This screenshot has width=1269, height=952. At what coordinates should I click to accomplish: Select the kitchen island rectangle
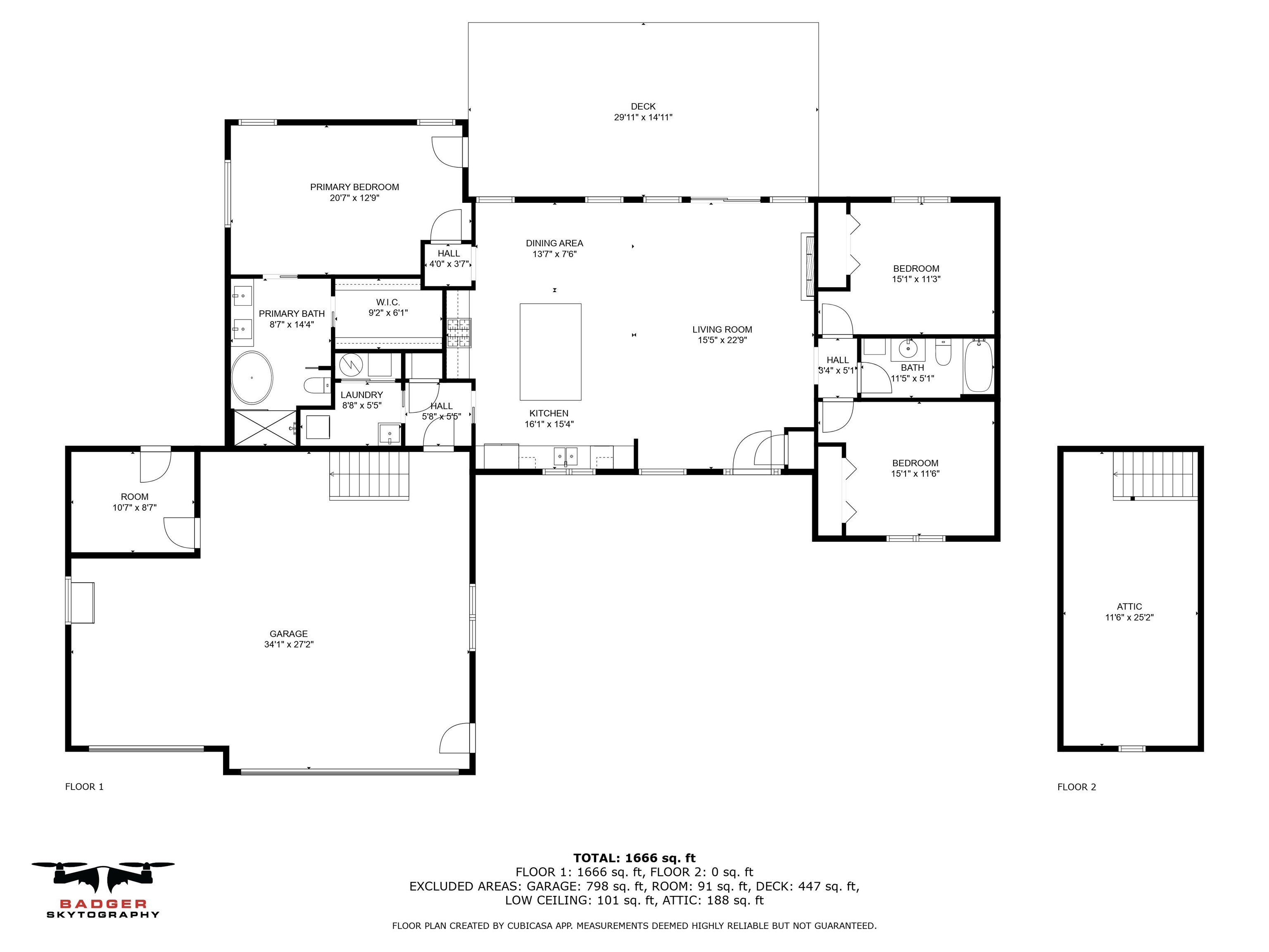tap(550, 352)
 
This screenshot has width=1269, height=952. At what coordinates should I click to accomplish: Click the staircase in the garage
tap(369, 475)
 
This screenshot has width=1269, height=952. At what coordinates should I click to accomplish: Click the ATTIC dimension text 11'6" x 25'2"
tap(1129, 617)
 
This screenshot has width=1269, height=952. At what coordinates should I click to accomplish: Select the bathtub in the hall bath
tap(978, 366)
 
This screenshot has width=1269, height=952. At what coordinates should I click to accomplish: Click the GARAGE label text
tap(289, 633)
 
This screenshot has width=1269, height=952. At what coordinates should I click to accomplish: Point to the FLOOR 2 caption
tap(1076, 787)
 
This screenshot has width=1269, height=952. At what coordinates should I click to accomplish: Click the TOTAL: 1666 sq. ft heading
tap(634, 858)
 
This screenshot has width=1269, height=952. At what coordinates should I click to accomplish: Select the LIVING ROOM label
tap(722, 329)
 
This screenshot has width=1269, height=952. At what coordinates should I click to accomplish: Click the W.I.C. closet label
tap(388, 302)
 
